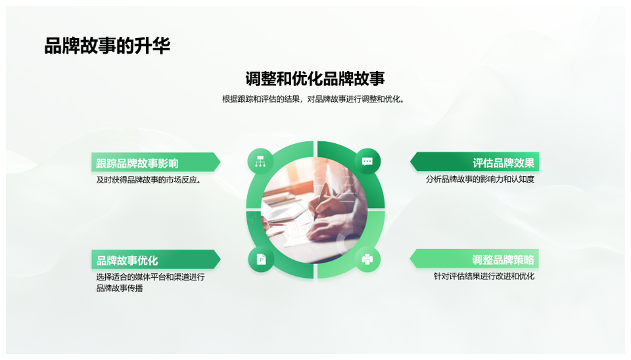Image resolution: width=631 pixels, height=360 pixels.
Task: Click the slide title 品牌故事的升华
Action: click(x=107, y=46)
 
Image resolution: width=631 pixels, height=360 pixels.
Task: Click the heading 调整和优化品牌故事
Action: click(x=315, y=79)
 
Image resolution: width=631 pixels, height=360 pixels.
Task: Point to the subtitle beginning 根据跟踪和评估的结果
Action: click(x=313, y=99)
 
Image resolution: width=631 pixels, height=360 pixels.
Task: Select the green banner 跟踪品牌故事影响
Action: click(x=156, y=162)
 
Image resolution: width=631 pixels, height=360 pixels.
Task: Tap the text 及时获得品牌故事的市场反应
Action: click(x=149, y=180)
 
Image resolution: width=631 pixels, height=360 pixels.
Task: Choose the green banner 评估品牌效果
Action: click(x=475, y=162)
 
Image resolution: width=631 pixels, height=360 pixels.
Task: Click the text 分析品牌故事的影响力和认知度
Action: click(x=480, y=179)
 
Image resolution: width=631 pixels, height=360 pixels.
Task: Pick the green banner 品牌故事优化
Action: click(x=156, y=259)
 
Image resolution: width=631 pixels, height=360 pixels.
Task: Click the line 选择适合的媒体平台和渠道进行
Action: click(x=151, y=277)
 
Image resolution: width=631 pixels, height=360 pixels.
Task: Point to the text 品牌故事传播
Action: click(x=120, y=288)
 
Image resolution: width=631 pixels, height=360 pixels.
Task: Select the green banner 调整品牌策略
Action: click(x=475, y=259)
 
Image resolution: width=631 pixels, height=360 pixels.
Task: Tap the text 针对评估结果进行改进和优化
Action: click(x=484, y=277)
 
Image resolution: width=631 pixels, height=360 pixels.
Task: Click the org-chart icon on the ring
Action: click(x=260, y=162)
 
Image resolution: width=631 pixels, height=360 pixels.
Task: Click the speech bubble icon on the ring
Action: click(x=367, y=162)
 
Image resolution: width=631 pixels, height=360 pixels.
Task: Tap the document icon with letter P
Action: click(x=261, y=259)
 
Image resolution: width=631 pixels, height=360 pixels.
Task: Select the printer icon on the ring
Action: click(x=367, y=259)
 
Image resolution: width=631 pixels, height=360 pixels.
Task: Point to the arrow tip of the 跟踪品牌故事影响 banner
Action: click(x=220, y=162)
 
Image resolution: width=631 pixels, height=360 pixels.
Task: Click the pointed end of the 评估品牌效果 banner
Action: click(x=410, y=162)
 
